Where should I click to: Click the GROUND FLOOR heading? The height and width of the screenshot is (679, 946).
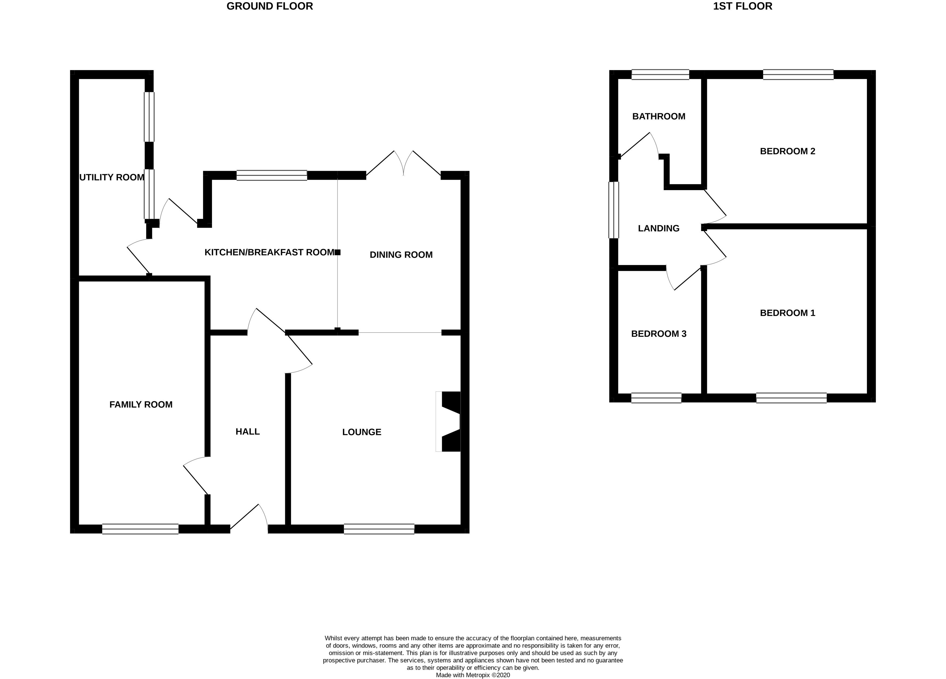[x=269, y=6]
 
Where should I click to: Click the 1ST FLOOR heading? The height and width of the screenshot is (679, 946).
[x=742, y=6]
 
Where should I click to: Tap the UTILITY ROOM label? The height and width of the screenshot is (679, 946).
[x=112, y=177]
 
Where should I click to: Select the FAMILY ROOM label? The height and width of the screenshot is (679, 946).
[x=141, y=404]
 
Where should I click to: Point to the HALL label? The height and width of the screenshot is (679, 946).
[x=248, y=432]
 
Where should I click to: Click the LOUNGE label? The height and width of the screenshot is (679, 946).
[x=362, y=432]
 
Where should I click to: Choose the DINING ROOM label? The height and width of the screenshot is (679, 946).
[x=401, y=255]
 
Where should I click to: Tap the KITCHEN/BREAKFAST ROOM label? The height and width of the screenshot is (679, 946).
[x=269, y=252]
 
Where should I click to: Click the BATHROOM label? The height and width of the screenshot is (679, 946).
[x=659, y=116]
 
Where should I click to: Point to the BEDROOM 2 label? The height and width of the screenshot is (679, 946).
[x=787, y=151]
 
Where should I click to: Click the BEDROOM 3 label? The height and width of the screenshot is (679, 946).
[x=659, y=334]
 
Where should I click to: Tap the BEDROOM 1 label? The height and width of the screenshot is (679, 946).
[x=787, y=313]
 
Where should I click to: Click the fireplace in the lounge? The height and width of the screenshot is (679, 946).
[x=448, y=421]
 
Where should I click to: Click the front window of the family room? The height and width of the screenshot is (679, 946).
[x=141, y=529]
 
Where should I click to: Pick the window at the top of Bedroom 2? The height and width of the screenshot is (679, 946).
[x=798, y=75]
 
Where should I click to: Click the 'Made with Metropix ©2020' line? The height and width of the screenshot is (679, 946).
[x=473, y=675]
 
